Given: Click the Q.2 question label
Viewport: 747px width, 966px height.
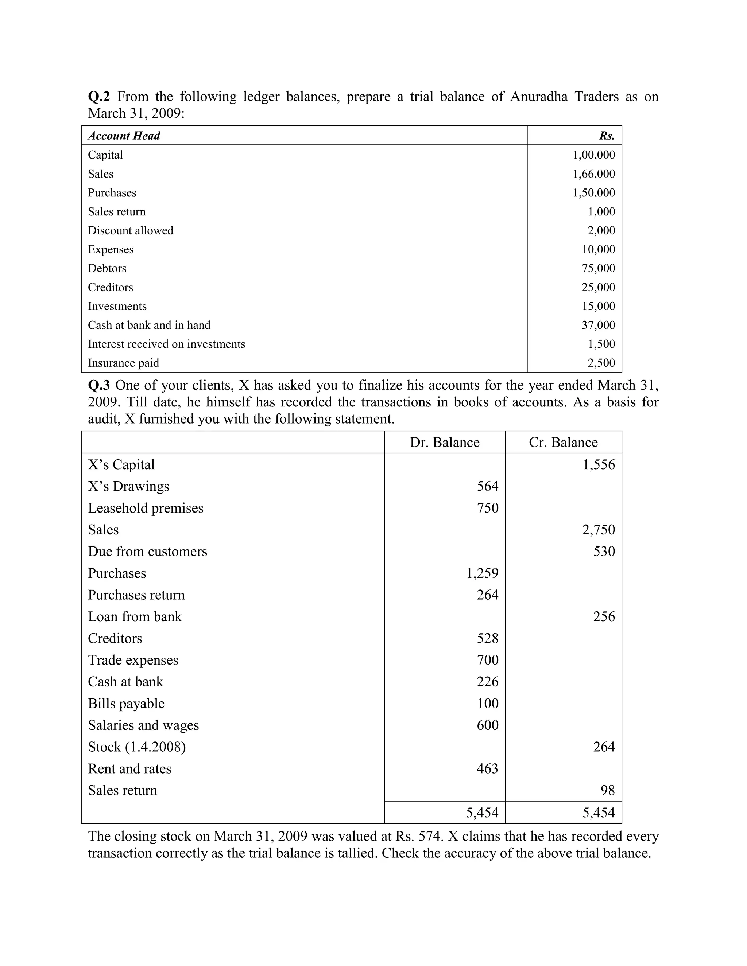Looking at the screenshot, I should tap(99, 97).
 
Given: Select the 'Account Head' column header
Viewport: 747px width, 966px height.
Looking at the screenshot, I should tap(124, 136).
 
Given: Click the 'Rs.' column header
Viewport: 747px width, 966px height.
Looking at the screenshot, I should tap(607, 136).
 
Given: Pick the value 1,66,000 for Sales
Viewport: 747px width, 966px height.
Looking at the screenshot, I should tap(594, 174).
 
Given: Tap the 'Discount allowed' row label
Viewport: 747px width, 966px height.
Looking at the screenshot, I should tap(131, 230).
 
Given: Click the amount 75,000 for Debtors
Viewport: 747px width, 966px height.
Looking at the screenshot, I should tap(598, 269).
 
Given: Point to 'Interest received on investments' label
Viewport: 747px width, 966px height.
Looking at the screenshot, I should tap(166, 344).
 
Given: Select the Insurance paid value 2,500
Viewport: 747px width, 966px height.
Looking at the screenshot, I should tap(601, 363).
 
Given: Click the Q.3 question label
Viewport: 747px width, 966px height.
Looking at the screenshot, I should tap(99, 385).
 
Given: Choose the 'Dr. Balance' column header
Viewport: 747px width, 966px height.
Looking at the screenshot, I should tap(444, 442).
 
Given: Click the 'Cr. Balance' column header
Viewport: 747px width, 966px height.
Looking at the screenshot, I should tap(563, 442).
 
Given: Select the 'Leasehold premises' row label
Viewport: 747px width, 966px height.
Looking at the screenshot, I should tap(146, 508).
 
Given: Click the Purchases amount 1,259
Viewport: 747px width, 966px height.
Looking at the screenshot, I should tap(482, 573).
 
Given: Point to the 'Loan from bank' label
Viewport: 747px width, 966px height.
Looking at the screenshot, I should tap(135, 616).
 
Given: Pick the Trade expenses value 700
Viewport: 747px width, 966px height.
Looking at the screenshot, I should tap(487, 660).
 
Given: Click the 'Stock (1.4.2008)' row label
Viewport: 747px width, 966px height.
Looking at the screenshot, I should tap(137, 747).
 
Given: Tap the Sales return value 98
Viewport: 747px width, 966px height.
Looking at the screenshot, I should tap(607, 790).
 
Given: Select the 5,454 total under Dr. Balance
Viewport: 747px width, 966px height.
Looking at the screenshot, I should tap(482, 813).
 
